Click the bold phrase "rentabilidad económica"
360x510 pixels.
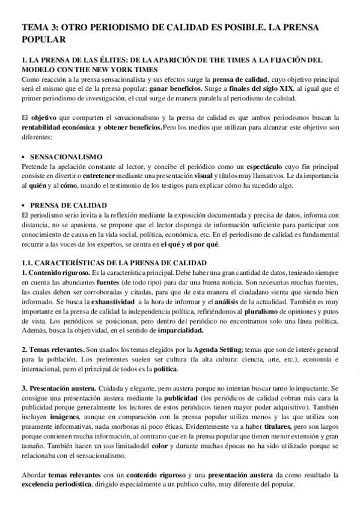click(x=56, y=128)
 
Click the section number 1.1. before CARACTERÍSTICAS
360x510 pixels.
click(x=29, y=263)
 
